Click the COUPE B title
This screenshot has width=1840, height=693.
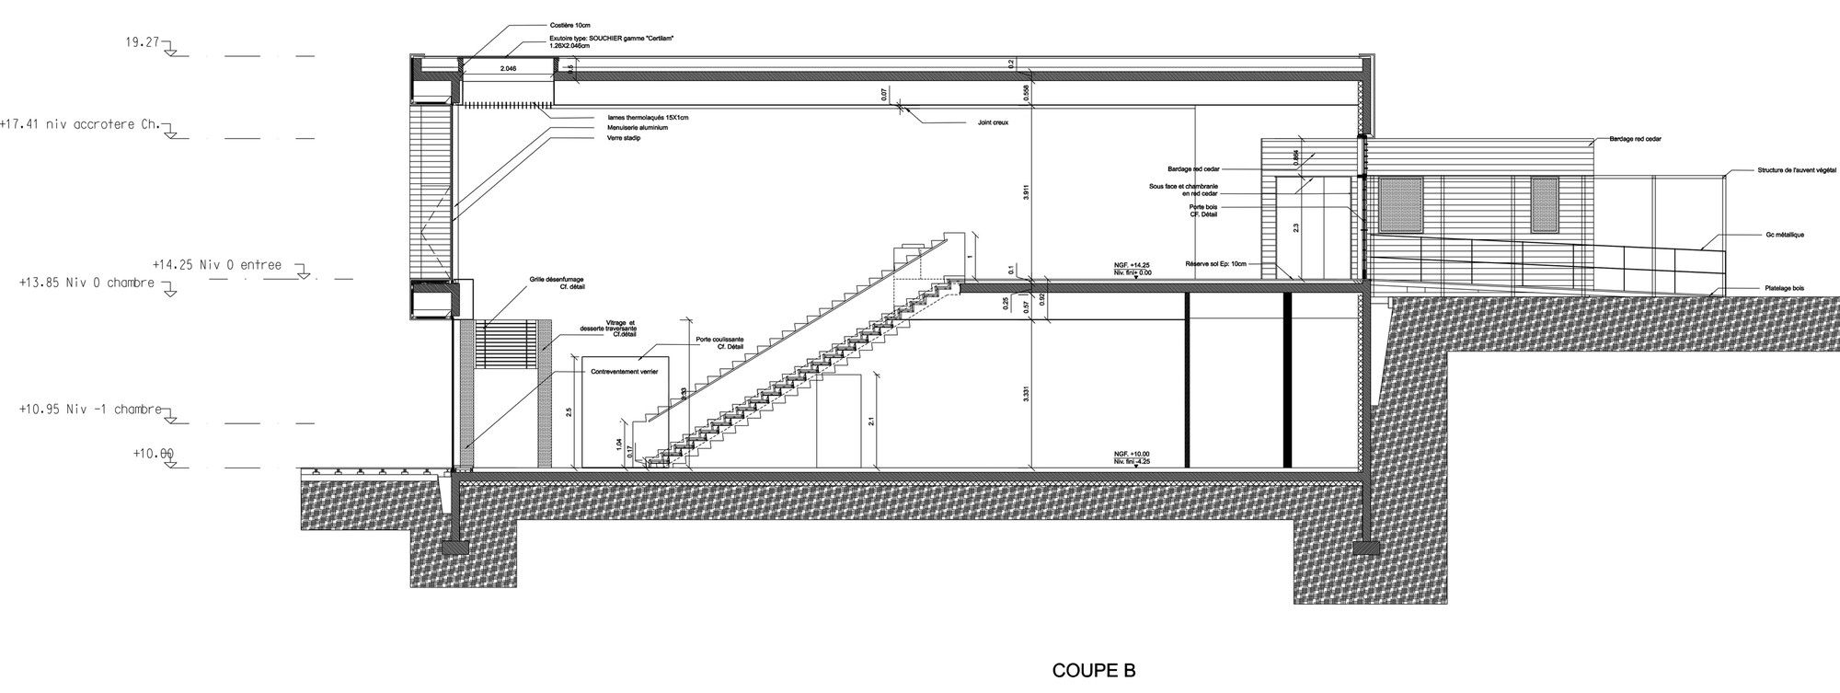point(1093,671)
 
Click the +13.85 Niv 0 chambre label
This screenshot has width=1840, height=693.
point(86,283)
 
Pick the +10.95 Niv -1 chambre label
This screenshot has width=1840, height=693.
point(89,409)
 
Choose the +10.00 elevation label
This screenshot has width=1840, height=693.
point(154,454)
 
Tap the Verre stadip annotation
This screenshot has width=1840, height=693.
point(623,138)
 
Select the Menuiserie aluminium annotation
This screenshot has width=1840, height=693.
point(637,128)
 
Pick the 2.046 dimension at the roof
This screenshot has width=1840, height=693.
point(508,69)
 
